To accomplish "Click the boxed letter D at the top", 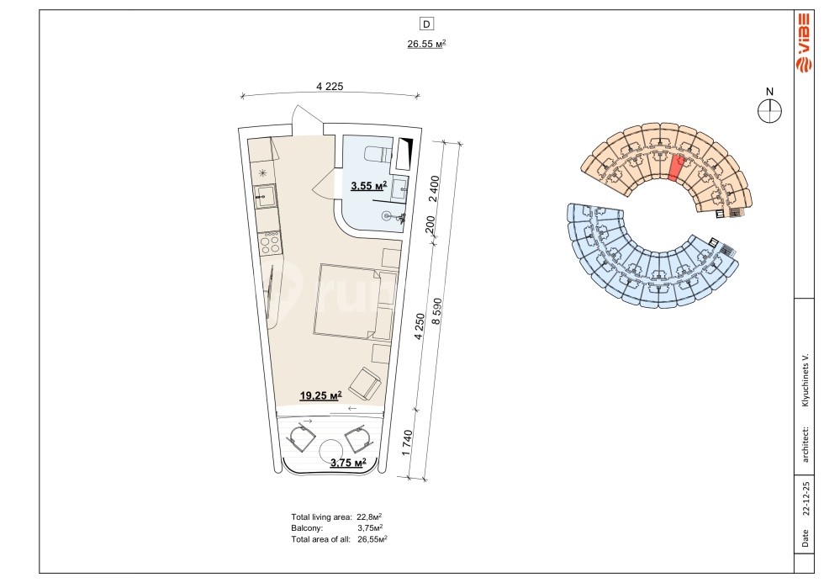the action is (426, 24).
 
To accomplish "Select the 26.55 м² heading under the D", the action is (426, 44).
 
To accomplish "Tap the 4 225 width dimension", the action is (330, 86).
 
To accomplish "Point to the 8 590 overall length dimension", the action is (437, 312).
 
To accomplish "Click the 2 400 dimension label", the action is (434, 188).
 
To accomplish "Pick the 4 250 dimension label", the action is (420, 326).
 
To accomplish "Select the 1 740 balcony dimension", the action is (407, 443).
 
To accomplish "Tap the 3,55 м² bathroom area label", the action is (369, 186).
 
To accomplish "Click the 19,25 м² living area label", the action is (320, 395).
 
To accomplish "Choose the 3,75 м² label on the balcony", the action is (348, 463).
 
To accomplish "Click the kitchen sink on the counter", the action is (265, 197).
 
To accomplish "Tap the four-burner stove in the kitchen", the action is (270, 243).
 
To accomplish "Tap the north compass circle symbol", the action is (770, 111).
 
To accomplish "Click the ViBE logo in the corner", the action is (804, 44).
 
